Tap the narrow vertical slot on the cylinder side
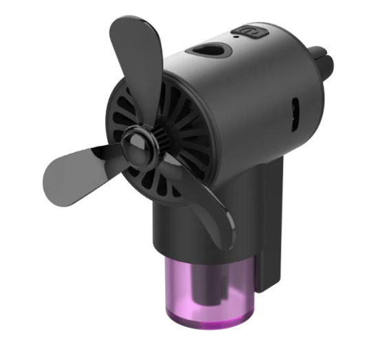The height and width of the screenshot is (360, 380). coord(295,109)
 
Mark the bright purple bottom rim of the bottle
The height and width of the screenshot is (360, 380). coord(207,319)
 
